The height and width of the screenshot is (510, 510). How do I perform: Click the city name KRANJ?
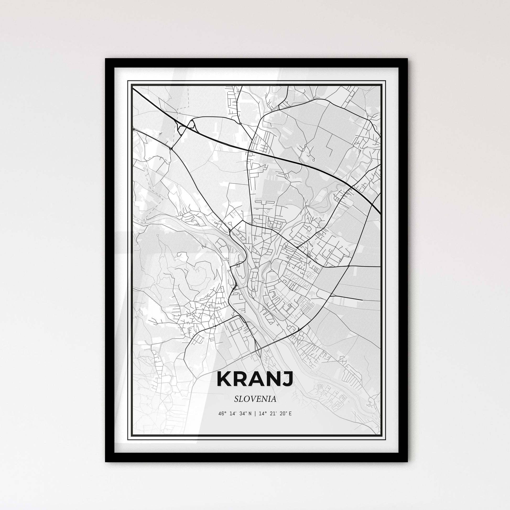pos(255,379)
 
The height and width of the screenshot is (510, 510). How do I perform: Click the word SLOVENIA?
pos(255,399)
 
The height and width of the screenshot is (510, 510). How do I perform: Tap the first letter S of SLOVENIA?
pos(236,399)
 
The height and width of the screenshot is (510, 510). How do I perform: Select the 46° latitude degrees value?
pos(222,414)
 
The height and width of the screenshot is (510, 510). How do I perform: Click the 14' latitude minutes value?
pos(232,414)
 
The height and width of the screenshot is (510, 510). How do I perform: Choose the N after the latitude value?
pos(250,414)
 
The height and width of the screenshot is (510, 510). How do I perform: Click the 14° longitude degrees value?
pos(261,414)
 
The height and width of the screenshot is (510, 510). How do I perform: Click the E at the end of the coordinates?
pos(290,414)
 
